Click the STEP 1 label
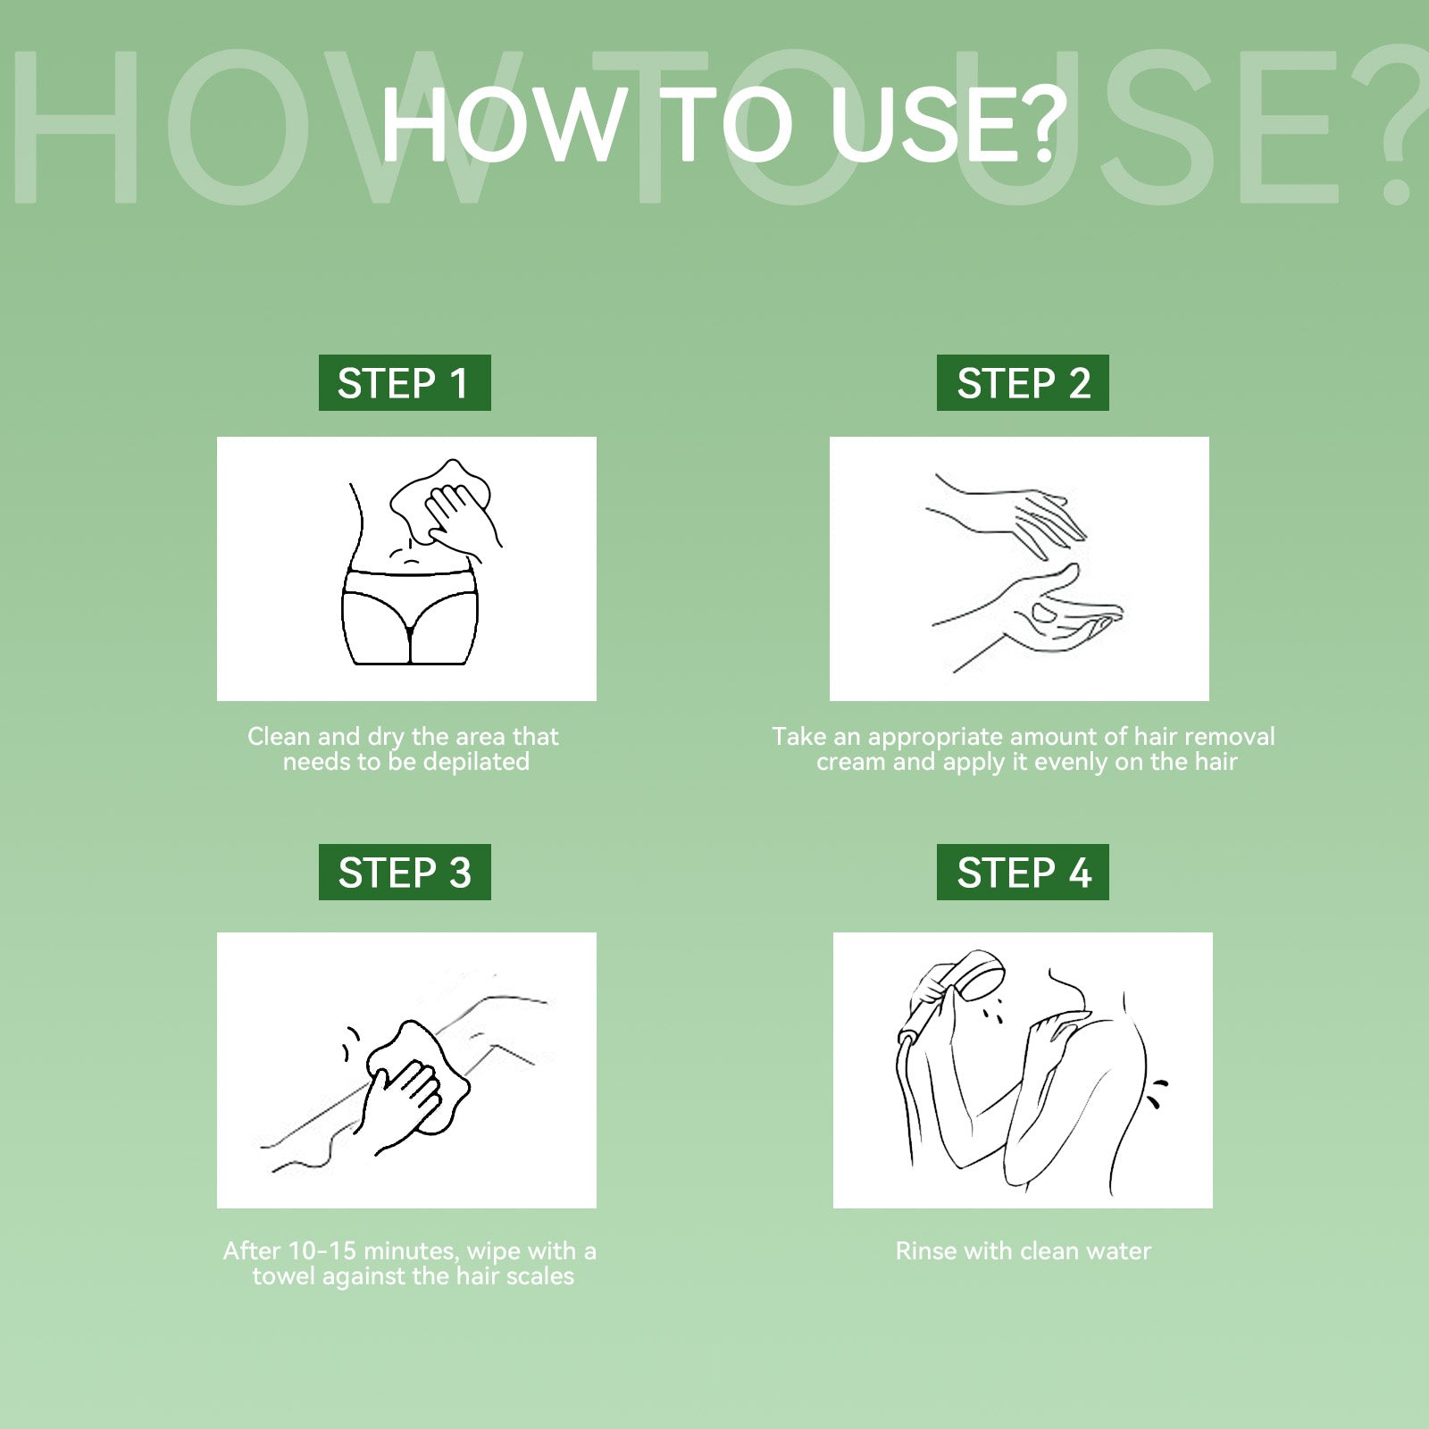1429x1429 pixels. coord(405,383)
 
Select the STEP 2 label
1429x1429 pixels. coord(1023,383)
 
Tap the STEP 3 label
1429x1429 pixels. coord(405,872)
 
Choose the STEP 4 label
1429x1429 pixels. coord(1023,872)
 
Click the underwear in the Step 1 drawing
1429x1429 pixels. coord(410,614)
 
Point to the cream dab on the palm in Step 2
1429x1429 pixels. coord(1043,613)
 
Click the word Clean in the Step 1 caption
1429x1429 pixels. coord(279,737)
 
